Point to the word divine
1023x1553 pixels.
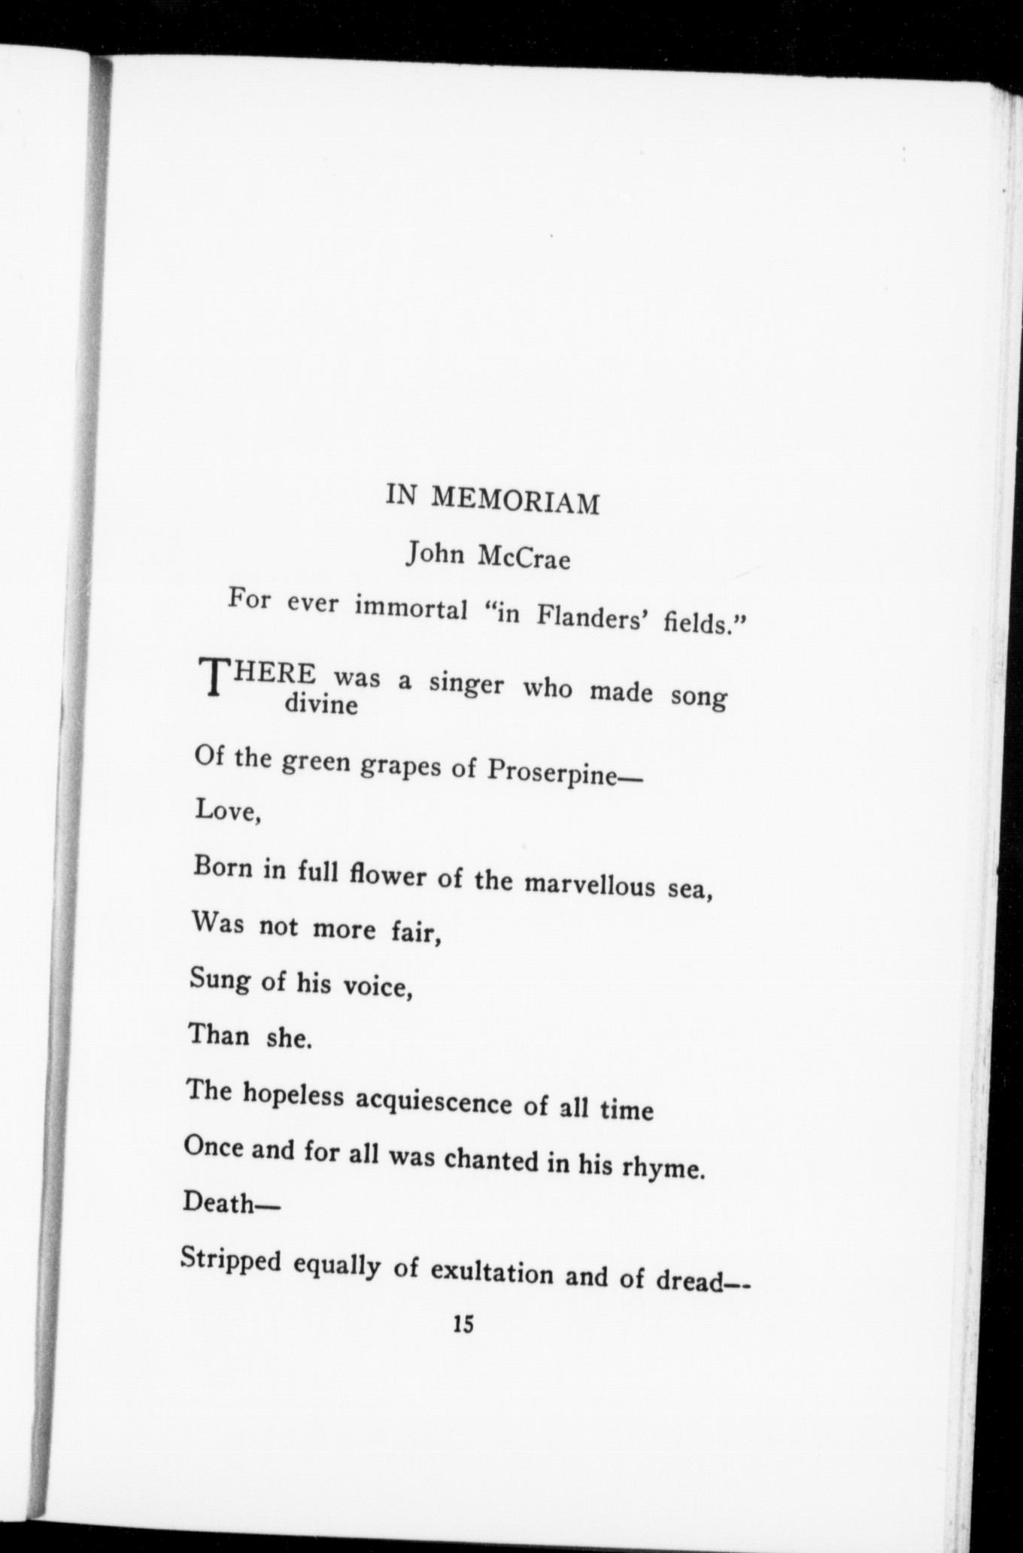(x=322, y=706)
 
